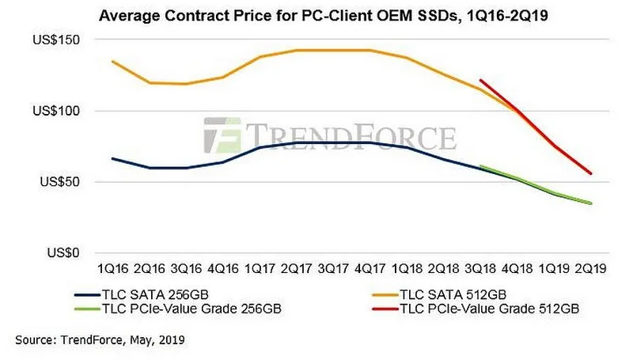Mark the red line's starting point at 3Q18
click(480, 80)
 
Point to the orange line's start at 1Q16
click(112, 62)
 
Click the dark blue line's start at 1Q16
click(112, 158)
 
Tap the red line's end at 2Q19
click(591, 174)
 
